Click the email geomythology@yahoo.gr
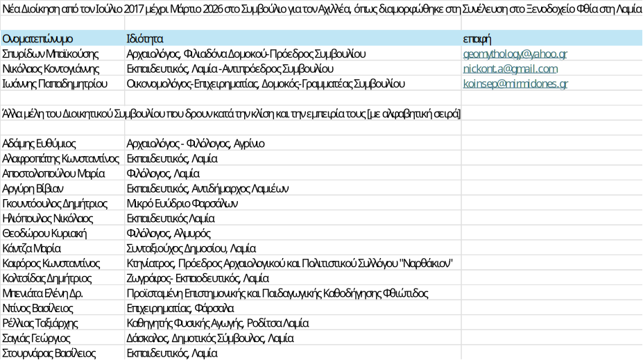[515, 54]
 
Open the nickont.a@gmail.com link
[511, 69]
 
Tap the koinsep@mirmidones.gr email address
[515, 84]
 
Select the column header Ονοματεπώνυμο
[37, 39]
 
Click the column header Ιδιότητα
[145, 39]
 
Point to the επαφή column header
[477, 40]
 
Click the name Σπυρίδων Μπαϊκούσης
[51, 54]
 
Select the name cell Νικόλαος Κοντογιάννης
[51, 69]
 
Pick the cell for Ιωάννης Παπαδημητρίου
[55, 84]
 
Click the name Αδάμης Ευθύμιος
[39, 144]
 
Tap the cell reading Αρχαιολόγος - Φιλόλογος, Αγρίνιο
[196, 144]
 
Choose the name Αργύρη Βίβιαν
[33, 189]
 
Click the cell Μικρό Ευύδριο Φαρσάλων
[182, 204]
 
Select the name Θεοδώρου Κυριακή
[44, 234]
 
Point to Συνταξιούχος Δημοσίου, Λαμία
[191, 248]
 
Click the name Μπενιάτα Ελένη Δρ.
[42, 293]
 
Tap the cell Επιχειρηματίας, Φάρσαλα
[180, 309]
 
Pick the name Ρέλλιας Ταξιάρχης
[40, 323]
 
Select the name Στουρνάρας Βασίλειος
[49, 354]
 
